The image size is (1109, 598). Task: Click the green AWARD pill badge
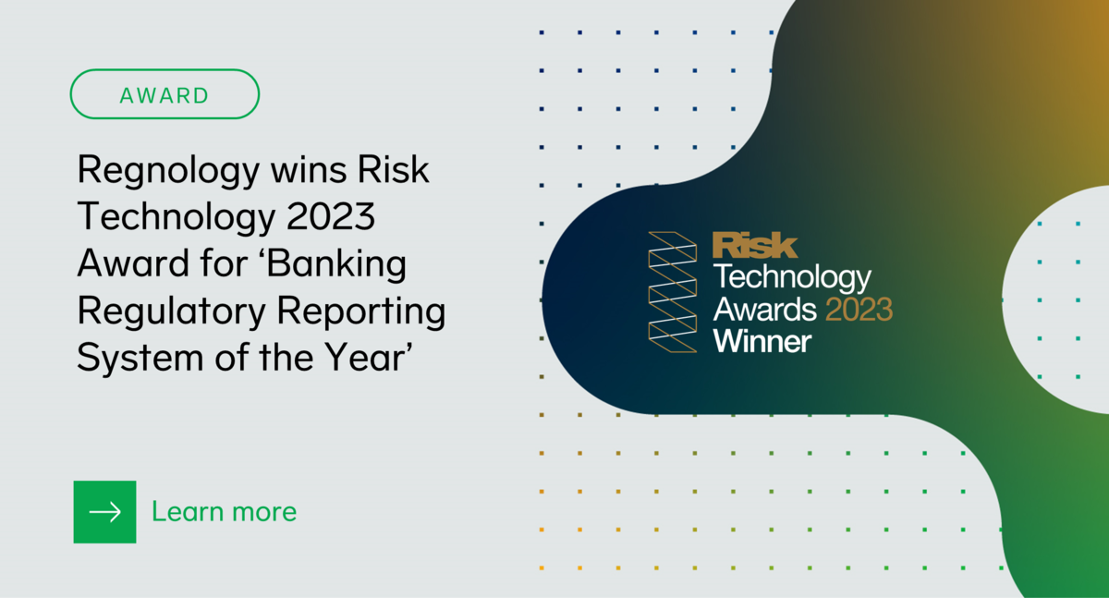(x=165, y=94)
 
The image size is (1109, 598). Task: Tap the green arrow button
(x=104, y=511)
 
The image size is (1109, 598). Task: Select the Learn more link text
(x=224, y=511)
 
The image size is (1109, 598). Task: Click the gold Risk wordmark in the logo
(x=755, y=245)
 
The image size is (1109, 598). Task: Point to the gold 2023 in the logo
(x=859, y=308)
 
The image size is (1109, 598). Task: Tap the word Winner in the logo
(x=762, y=340)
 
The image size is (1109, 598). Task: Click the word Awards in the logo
(x=764, y=308)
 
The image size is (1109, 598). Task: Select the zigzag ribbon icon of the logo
(x=672, y=292)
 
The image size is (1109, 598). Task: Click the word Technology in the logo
(x=792, y=276)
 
